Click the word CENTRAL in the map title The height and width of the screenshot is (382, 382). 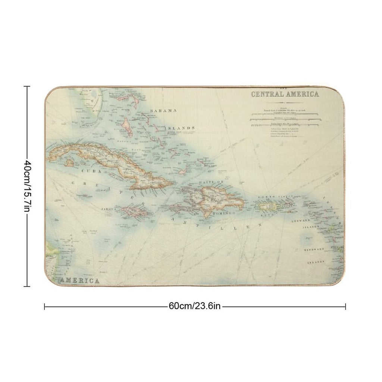[x=267, y=94]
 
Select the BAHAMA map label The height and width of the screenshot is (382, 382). [x=163, y=111]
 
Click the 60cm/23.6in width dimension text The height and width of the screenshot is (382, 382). [x=195, y=306]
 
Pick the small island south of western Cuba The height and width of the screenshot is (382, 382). [x=69, y=163]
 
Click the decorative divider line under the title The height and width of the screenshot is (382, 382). [x=285, y=101]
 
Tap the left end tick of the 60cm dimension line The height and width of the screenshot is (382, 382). [x=45, y=306]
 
